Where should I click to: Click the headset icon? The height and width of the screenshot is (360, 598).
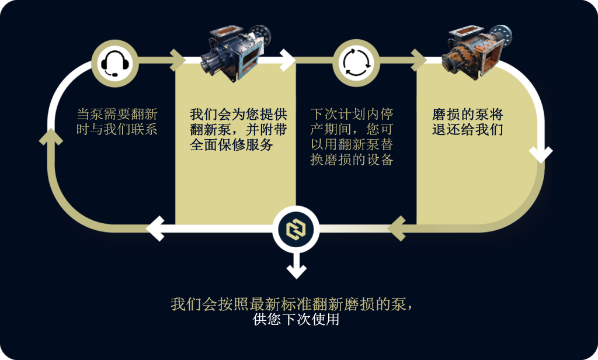pyautogui.click(x=114, y=63)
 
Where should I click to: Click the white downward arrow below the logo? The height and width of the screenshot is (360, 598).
pyautogui.click(x=296, y=265)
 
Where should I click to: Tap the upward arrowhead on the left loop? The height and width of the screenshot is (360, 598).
pyautogui.click(x=51, y=137)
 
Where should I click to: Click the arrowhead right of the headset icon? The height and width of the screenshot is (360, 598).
pyautogui.click(x=178, y=60)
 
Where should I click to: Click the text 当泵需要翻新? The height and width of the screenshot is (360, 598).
pyautogui.click(x=117, y=114)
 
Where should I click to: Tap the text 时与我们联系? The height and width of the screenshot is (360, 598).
pyautogui.click(x=117, y=129)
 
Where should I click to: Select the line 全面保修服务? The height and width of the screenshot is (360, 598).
pyautogui.click(x=231, y=145)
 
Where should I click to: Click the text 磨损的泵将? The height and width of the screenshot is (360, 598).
pyautogui.click(x=468, y=114)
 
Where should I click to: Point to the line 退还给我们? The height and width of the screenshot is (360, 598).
pyautogui.click(x=468, y=129)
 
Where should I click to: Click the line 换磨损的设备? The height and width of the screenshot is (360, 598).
pyautogui.click(x=352, y=160)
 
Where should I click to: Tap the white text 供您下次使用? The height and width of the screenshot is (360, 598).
pyautogui.click(x=296, y=320)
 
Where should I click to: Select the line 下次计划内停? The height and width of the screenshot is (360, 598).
pyautogui.click(x=352, y=114)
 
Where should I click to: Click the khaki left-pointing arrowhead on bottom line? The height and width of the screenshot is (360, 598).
pyautogui.click(x=397, y=229)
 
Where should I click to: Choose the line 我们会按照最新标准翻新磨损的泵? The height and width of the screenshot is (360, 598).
pyautogui.click(x=291, y=304)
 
